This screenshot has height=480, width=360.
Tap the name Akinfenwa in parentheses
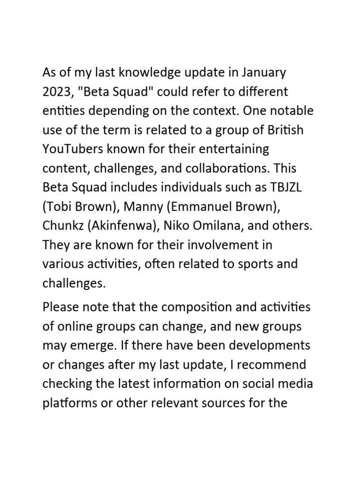[x=124, y=226]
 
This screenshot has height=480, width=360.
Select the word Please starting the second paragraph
[x=60, y=307]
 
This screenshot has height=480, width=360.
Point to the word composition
[x=199, y=307]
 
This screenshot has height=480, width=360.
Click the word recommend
[x=269, y=365]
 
